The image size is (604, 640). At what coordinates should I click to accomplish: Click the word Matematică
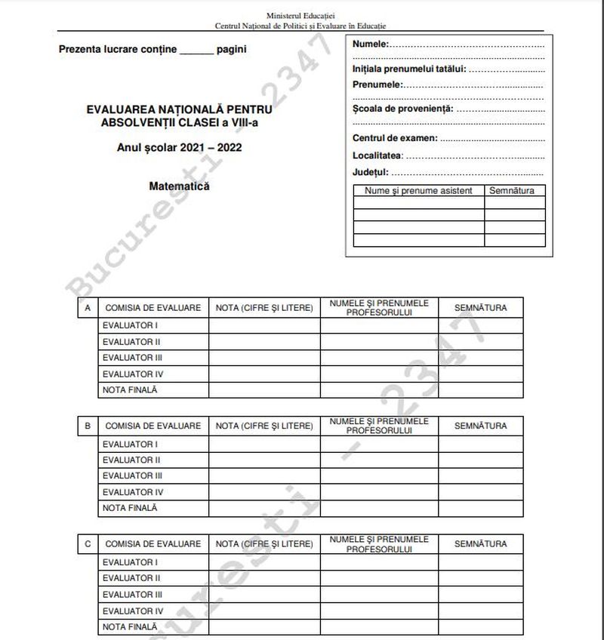click(179, 186)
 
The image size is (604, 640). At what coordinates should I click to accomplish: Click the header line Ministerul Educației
click(301, 15)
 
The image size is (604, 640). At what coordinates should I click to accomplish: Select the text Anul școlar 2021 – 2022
click(180, 149)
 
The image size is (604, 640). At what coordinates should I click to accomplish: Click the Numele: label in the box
click(371, 44)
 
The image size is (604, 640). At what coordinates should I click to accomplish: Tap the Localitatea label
click(378, 155)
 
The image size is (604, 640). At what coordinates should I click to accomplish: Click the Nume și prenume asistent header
click(418, 191)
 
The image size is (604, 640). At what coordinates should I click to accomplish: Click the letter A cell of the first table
click(88, 308)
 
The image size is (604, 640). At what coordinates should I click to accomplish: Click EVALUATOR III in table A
click(132, 358)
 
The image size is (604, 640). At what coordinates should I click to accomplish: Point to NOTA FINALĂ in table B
click(130, 508)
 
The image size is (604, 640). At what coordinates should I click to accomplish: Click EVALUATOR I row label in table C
click(130, 562)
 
